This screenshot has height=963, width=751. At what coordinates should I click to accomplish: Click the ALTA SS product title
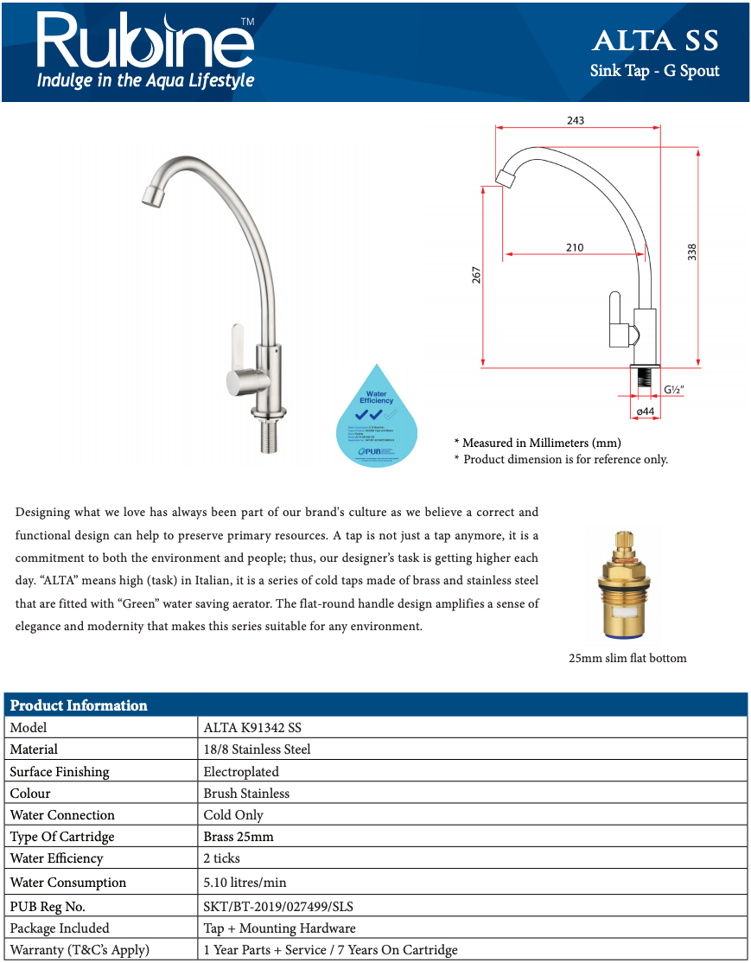click(x=654, y=41)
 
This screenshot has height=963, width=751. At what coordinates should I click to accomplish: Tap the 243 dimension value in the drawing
click(x=576, y=120)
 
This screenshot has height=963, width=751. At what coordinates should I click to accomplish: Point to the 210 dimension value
click(x=575, y=247)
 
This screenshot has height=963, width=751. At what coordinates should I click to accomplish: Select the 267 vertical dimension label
click(x=476, y=275)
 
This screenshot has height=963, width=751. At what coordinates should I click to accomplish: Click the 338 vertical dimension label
click(x=691, y=252)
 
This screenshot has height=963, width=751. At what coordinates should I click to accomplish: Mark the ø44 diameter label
click(x=644, y=411)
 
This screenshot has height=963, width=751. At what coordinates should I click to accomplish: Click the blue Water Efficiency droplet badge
click(x=376, y=418)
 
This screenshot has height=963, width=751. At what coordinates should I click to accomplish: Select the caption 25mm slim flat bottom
click(x=627, y=658)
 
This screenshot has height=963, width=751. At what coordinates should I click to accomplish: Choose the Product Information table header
click(x=79, y=705)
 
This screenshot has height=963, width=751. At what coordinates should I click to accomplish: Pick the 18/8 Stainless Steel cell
click(x=257, y=749)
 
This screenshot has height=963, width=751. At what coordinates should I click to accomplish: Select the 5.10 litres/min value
click(x=245, y=883)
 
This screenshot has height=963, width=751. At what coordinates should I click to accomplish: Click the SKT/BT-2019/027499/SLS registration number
click(x=278, y=907)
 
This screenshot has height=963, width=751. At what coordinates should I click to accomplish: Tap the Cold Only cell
click(x=233, y=815)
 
